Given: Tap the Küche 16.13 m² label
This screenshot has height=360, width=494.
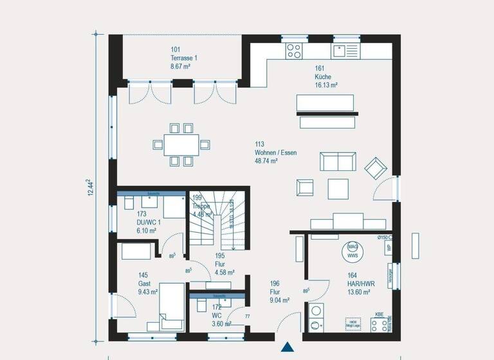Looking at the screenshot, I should (327, 76).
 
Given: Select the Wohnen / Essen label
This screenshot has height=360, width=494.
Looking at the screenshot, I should (266, 153).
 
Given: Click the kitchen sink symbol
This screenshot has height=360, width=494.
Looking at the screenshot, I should (339, 48).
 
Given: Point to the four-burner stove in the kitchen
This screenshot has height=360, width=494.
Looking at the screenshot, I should (294, 48).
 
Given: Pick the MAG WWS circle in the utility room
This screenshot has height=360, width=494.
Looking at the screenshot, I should (352, 251).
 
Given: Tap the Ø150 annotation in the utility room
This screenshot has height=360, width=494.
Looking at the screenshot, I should (383, 238).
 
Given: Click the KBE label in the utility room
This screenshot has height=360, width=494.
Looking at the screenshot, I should (380, 315).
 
